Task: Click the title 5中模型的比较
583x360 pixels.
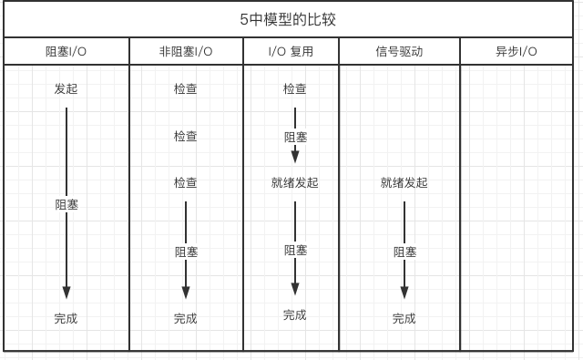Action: point(294,19)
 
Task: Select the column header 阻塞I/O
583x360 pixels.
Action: point(66,52)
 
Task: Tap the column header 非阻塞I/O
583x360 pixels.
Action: point(186,52)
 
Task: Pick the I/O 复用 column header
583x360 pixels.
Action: point(291,52)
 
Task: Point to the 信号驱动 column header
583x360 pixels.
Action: point(399,52)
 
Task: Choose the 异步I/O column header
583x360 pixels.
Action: point(517,52)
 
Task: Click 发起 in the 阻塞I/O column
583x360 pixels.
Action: point(66,89)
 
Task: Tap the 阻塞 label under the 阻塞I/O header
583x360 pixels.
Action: point(66,205)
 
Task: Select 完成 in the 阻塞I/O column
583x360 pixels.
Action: point(66,319)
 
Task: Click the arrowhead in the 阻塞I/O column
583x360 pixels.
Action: point(66,293)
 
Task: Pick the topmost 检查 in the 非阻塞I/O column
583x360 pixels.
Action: point(186,89)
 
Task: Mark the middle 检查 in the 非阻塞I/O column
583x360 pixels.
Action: point(186,137)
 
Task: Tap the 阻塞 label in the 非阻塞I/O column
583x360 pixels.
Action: point(186,252)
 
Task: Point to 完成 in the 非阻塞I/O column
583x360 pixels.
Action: point(186,319)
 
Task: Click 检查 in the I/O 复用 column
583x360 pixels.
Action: point(295,89)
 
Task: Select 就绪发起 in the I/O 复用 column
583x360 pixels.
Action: point(295,183)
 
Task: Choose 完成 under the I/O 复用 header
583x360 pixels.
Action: point(295,315)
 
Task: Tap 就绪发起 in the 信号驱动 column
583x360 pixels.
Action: point(404,183)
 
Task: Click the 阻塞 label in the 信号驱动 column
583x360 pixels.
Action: point(404,252)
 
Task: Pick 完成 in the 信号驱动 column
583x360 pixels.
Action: point(404,319)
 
